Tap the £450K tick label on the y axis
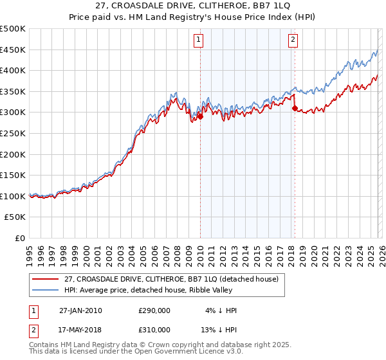tap(13, 50)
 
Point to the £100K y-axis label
tap(13, 196)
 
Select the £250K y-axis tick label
tap(13, 133)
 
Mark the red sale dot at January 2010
tap(200, 117)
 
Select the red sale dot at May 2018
tap(295, 109)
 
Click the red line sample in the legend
tap(46, 279)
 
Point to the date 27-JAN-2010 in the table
tap(80, 310)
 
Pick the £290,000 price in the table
tap(154, 310)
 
